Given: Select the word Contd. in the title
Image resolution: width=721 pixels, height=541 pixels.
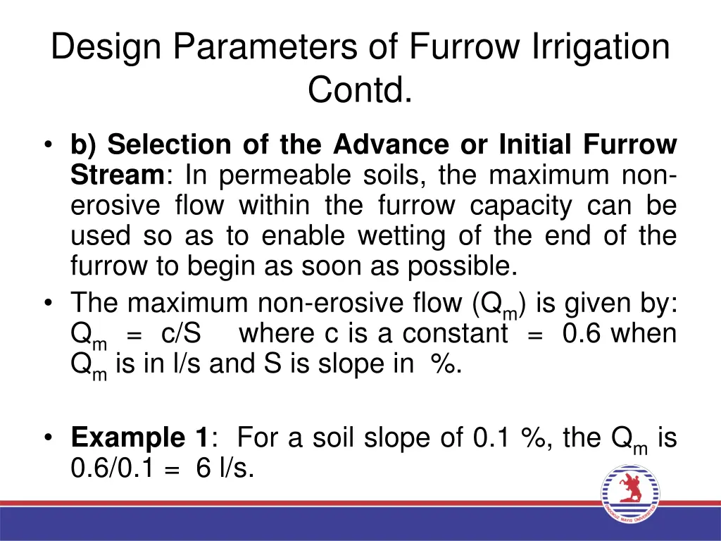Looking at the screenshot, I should tap(360, 90).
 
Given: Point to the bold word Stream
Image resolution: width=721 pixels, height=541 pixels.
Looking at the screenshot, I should tap(117, 175).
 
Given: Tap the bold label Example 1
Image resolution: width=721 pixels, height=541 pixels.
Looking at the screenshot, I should tap(138, 438).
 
